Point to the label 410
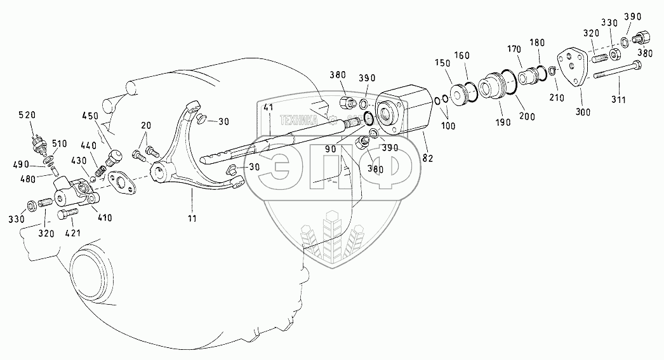(x=104, y=218)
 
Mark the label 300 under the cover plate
(x=583, y=112)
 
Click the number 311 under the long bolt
(x=619, y=100)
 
